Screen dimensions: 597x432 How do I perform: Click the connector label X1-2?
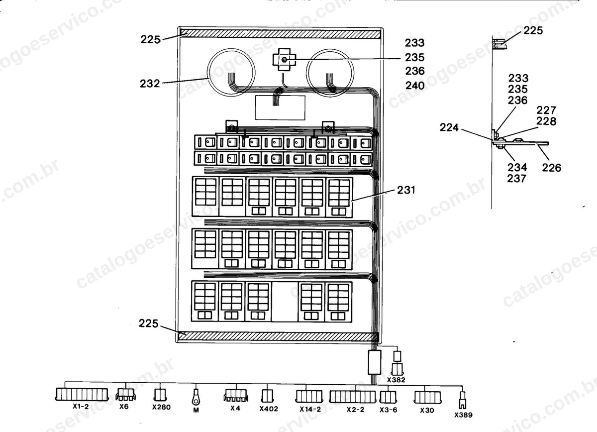point(81,407)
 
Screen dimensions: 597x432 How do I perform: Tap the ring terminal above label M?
point(196,397)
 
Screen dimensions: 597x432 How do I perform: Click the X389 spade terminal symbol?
point(463,400)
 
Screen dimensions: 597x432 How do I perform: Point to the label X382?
point(396,380)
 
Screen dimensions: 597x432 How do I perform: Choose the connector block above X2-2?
point(353,397)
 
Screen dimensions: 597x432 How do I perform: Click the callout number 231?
point(406,190)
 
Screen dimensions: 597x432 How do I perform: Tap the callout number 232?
point(150,84)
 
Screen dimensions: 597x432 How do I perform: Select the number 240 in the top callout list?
point(415,86)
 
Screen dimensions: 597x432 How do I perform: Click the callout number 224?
point(449,127)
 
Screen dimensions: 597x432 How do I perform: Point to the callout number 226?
point(551,168)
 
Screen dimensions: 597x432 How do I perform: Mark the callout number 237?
point(517,178)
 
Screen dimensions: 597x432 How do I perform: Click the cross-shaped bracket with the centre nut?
point(284,59)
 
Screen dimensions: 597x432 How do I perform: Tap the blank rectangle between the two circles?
point(280,108)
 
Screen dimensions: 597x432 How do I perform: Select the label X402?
point(269,409)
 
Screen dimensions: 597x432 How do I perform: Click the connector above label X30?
point(427,397)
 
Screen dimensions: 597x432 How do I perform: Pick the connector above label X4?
point(236,395)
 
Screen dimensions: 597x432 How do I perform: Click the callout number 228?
point(546,121)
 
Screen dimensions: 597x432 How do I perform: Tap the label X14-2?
point(310,409)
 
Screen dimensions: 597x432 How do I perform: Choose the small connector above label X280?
point(160,395)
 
